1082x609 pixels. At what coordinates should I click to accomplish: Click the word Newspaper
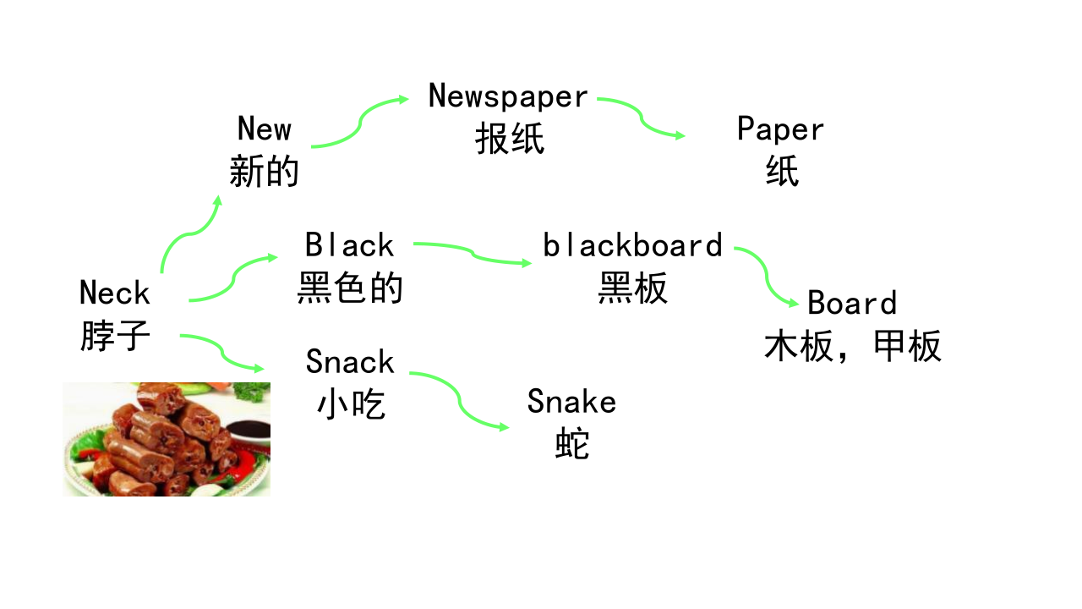pyautogui.click(x=508, y=96)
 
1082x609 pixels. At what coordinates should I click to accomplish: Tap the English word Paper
pyautogui.click(x=780, y=129)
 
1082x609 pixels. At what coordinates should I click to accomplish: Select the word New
pyautogui.click(x=265, y=129)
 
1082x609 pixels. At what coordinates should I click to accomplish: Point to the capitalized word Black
pyautogui.click(x=350, y=244)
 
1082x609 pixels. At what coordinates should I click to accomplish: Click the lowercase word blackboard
pyautogui.click(x=633, y=245)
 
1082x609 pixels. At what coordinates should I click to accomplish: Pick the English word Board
pyautogui.click(x=852, y=303)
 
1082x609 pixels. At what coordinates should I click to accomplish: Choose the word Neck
pyautogui.click(x=115, y=293)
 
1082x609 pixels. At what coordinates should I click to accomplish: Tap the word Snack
pyautogui.click(x=350, y=361)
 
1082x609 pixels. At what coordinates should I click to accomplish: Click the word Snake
pyautogui.click(x=572, y=401)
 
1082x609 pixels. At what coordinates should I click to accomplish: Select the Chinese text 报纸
pyautogui.click(x=510, y=139)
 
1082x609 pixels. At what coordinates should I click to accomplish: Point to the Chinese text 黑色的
pyautogui.click(x=350, y=287)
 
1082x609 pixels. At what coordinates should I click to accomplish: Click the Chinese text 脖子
pyautogui.click(x=115, y=335)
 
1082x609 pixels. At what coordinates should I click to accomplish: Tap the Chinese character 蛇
pyautogui.click(x=572, y=444)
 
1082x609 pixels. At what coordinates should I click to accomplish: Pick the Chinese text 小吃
pyautogui.click(x=351, y=403)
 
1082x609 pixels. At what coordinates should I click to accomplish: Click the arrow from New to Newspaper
pyautogui.click(x=360, y=123)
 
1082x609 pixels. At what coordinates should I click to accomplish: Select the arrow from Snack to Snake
pyautogui.click(x=459, y=399)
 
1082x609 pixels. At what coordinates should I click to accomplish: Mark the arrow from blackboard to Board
pyautogui.click(x=766, y=276)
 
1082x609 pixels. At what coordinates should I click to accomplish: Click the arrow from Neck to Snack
pyautogui.click(x=222, y=352)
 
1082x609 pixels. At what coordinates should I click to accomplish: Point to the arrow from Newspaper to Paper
pyautogui.click(x=641, y=118)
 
